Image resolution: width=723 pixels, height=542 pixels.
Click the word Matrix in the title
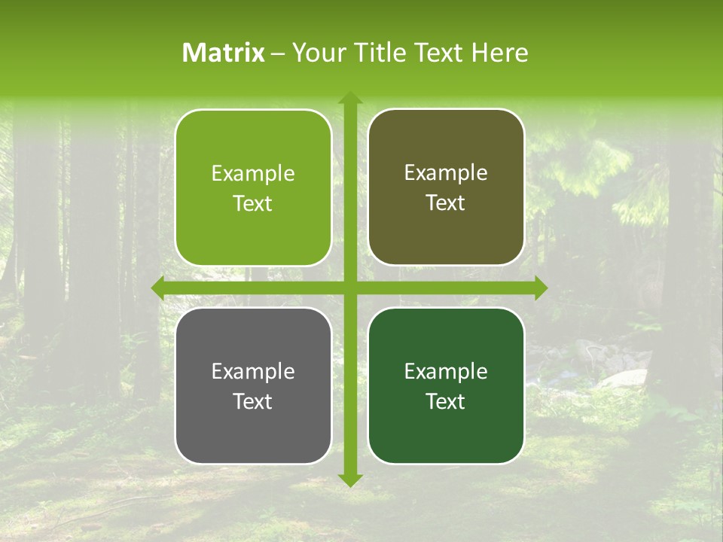pyautogui.click(x=224, y=53)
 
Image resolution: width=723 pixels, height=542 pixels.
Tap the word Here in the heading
pyautogui.click(x=499, y=53)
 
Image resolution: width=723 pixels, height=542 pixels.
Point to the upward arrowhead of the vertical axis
pyautogui.click(x=349, y=98)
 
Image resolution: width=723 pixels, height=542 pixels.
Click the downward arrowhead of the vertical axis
pyautogui.click(x=349, y=480)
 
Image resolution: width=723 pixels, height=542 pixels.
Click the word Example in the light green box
pyautogui.click(x=253, y=174)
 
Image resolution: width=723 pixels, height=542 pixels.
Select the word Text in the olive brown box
pyautogui.click(x=446, y=203)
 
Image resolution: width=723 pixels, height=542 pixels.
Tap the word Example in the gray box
pyautogui.click(x=253, y=372)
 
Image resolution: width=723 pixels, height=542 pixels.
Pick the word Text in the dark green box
pyautogui.click(x=446, y=401)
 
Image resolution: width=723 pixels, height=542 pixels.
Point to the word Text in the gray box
pyautogui.click(x=253, y=401)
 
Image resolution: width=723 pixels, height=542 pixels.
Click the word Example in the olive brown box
pyautogui.click(x=446, y=173)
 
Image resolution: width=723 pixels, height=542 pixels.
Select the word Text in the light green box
pyautogui.click(x=253, y=204)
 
